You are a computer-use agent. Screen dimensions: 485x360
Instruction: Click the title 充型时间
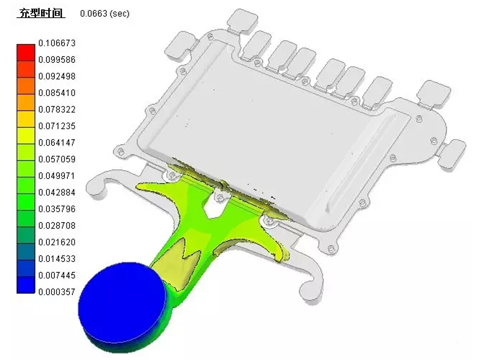click(41, 13)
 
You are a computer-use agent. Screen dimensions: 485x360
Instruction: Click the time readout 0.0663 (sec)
click(105, 14)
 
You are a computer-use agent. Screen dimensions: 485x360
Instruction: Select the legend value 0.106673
click(57, 43)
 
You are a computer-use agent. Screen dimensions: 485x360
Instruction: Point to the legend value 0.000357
click(57, 291)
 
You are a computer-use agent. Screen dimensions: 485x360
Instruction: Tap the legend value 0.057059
click(57, 159)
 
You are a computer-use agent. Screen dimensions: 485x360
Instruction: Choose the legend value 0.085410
click(57, 93)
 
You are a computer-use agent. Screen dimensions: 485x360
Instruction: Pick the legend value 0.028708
click(57, 226)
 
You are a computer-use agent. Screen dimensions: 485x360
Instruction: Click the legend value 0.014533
click(57, 258)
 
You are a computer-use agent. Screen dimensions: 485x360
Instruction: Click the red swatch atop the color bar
click(26, 53)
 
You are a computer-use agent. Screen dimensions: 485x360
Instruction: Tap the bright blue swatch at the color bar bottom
click(26, 284)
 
